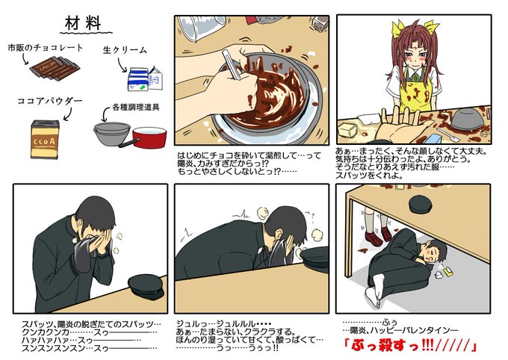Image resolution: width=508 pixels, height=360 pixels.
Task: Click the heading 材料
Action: coord(83,23)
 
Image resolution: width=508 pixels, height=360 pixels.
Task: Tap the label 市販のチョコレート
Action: coord(46,48)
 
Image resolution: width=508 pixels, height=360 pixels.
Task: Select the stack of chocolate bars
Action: coord(55,68)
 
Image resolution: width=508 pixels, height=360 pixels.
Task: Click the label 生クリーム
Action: coord(125,50)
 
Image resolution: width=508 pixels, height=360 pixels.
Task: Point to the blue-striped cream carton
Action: coord(145,78)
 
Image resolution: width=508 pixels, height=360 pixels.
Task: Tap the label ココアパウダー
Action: coord(50,101)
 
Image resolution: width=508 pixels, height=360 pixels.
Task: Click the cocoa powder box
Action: coord(45,140)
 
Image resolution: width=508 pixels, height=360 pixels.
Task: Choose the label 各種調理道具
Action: coord(136,108)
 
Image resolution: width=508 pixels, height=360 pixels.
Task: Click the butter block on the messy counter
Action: coord(347,130)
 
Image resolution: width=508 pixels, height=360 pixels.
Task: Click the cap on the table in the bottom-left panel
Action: coord(146,287)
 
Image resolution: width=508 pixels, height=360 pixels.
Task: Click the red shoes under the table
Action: coord(379,237)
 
